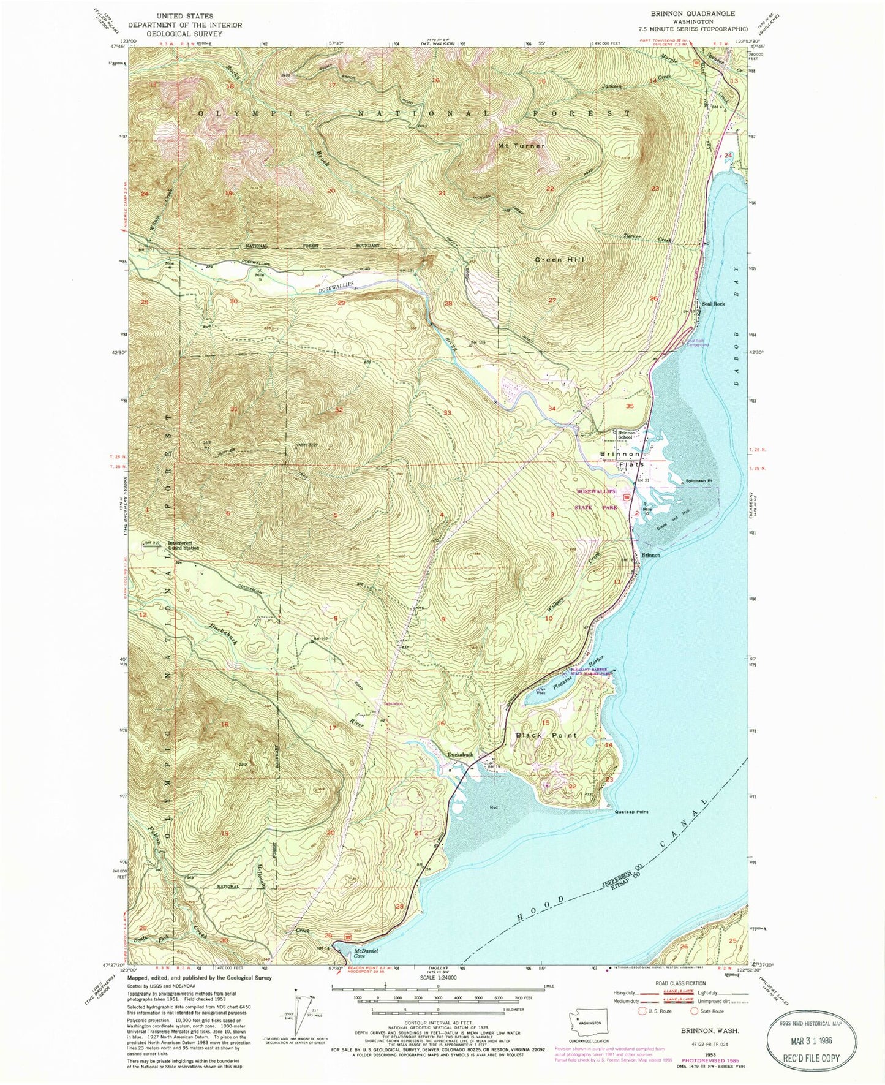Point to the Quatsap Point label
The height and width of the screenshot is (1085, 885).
pos(631,812)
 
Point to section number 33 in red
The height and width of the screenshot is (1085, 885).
pos(447,414)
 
